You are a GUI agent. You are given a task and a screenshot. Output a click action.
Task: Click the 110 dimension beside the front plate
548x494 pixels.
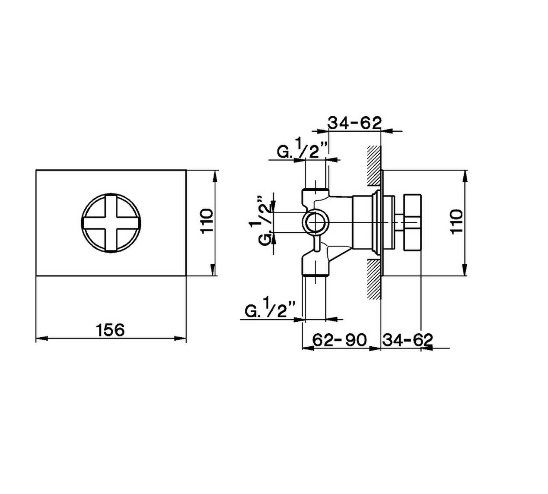(x=207, y=221)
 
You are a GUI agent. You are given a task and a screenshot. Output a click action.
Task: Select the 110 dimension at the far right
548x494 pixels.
(x=456, y=222)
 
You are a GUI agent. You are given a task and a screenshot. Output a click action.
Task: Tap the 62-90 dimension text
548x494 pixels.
(x=339, y=340)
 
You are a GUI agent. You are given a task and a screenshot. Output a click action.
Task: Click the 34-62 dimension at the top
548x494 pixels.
(x=354, y=123)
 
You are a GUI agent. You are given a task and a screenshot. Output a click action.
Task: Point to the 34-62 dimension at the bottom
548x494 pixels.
(x=408, y=340)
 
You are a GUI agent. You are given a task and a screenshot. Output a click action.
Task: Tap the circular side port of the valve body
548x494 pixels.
(x=315, y=223)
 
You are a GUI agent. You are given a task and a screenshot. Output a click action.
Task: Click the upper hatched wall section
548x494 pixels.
(x=374, y=166)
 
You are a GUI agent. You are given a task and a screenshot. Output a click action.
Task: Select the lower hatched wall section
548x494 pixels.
(x=374, y=279)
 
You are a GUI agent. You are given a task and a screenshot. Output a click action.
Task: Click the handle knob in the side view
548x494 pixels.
(x=412, y=222)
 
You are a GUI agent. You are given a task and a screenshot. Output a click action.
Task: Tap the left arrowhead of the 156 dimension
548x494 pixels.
(x=42, y=339)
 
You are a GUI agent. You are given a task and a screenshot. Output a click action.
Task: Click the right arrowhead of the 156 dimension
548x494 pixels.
(x=180, y=339)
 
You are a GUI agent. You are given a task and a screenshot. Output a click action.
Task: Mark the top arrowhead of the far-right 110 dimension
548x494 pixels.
(x=466, y=177)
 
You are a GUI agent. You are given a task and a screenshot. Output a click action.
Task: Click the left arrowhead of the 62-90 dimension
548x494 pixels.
(x=308, y=348)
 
